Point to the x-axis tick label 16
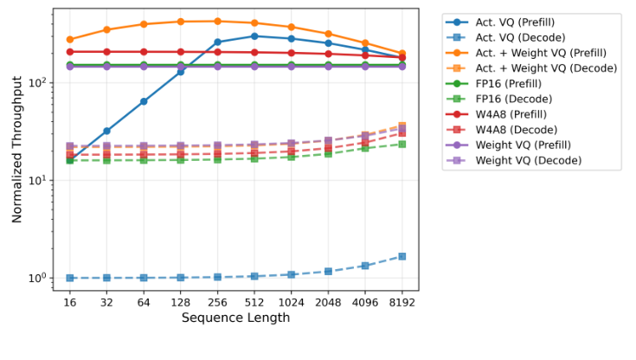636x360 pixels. [x=69, y=302]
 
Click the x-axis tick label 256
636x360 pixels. [x=217, y=302]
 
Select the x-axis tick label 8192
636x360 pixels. [x=402, y=302]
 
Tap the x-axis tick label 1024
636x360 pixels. [x=291, y=302]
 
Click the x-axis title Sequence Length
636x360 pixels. [x=235, y=318]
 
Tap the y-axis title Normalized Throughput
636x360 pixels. [x=16, y=149]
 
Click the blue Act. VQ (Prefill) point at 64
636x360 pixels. [x=144, y=101]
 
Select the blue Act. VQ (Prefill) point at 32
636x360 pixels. [x=106, y=132]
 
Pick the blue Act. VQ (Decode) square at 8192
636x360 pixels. [x=402, y=256]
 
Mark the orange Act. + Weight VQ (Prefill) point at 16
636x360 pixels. [x=69, y=40]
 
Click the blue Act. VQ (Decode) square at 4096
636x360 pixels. [x=364, y=266]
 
